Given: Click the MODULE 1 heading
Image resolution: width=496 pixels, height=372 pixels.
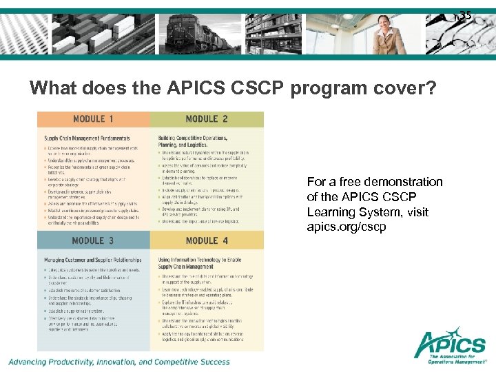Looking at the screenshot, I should pyautogui.click(x=94, y=118).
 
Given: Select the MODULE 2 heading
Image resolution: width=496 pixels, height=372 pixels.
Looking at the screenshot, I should pyautogui.click(x=207, y=118).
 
